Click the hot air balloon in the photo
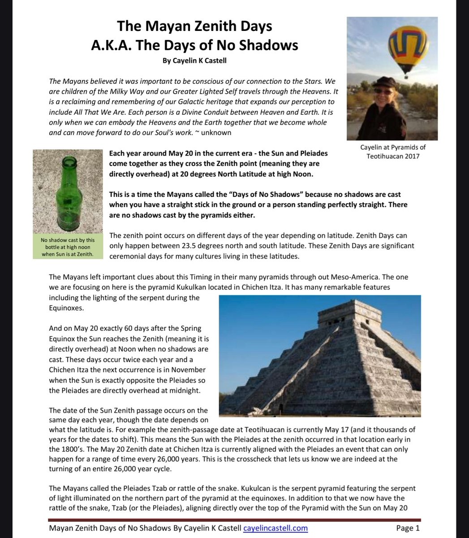pyautogui.click(x=408, y=45)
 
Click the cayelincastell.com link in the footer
pyautogui.click(x=275, y=528)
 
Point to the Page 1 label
pyautogui.click(x=408, y=528)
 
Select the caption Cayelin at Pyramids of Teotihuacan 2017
pyautogui.click(x=392, y=152)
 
